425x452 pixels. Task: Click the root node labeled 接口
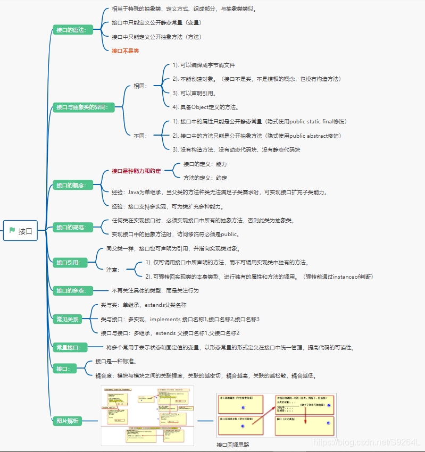pyautogui.click(x=21, y=231)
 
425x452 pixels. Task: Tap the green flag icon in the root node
pyautogui.click(x=12, y=231)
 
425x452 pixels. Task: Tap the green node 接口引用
pyautogui.click(x=69, y=262)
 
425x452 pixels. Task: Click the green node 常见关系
pyautogui.click(x=68, y=319)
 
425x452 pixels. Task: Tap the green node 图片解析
pyautogui.click(x=68, y=421)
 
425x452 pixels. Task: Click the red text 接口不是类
pyautogui.click(x=125, y=51)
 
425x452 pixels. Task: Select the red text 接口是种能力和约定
pyautogui.click(x=136, y=171)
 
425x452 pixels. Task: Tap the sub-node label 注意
pyautogui.click(x=113, y=270)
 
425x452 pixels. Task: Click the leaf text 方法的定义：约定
pyautogui.click(x=205, y=178)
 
